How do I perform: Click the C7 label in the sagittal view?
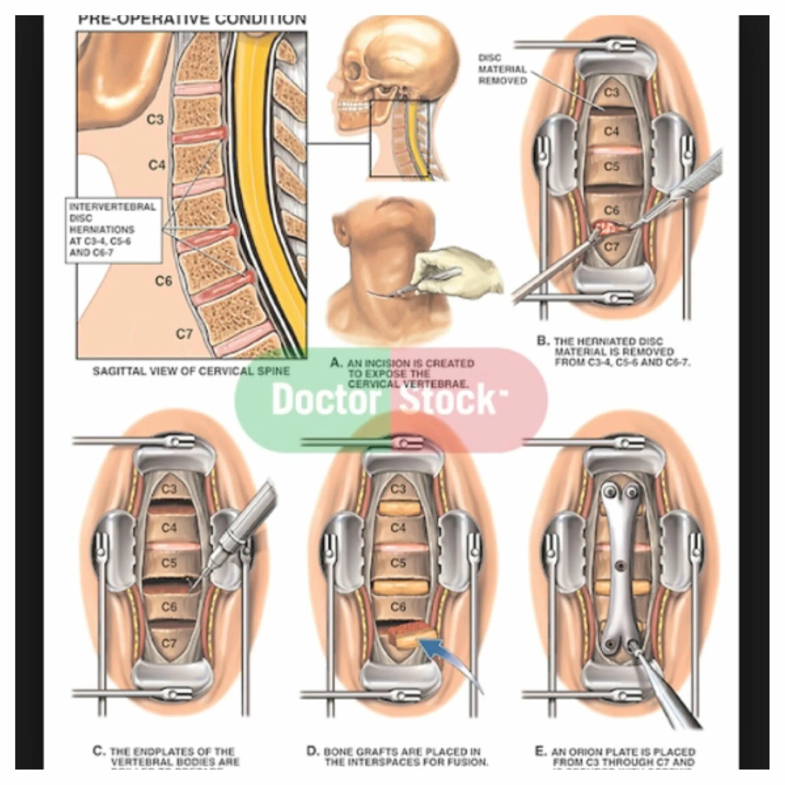pyautogui.click(x=184, y=334)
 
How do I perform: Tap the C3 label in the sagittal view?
pyautogui.click(x=155, y=120)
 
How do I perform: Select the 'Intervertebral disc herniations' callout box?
pyautogui.click(x=113, y=230)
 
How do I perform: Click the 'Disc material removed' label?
pyautogui.click(x=502, y=69)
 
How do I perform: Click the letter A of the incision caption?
pyautogui.click(x=336, y=362)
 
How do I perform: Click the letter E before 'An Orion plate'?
pyautogui.click(x=540, y=751)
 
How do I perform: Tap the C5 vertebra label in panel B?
pyautogui.click(x=611, y=167)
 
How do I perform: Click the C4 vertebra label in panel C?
pyautogui.click(x=169, y=528)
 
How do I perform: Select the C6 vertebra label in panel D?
pyautogui.click(x=398, y=607)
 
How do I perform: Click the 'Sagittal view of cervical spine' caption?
pyautogui.click(x=191, y=371)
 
